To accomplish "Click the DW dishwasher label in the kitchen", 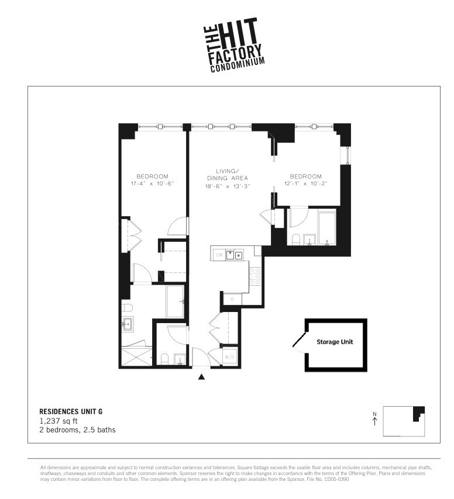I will [x=219, y=255].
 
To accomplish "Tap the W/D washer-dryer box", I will [x=229, y=356].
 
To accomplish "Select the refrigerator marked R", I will [x=232, y=299].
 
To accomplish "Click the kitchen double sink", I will [x=235, y=255].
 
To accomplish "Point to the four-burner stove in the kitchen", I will [x=254, y=275].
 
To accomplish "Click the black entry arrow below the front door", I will [x=202, y=377].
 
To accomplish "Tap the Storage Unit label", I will [x=335, y=342].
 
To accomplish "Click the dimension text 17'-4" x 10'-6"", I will [x=152, y=184].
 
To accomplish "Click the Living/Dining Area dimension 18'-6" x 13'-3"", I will [x=228, y=186].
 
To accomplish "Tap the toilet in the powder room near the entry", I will [x=164, y=359].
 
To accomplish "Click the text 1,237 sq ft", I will [x=59, y=421].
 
